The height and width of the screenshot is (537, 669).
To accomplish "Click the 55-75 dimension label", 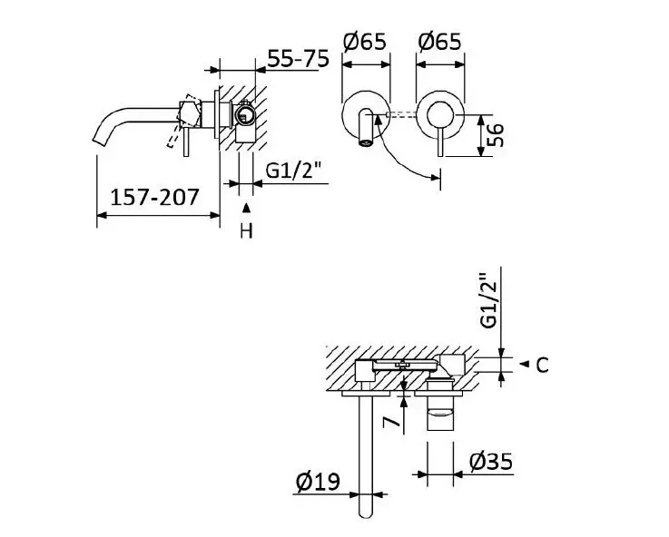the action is click(299, 58).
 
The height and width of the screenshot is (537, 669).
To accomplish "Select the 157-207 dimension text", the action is click(155, 198).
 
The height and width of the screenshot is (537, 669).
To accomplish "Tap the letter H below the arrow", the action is click(246, 231).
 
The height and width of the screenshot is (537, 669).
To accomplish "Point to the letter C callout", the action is click(542, 366).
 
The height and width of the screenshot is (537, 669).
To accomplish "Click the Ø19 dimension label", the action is click(318, 482).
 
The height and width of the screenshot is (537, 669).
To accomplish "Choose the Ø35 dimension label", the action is click(491, 462).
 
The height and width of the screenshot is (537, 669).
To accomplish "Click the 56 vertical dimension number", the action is click(495, 135).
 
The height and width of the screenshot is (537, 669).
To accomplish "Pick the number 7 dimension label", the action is click(391, 423).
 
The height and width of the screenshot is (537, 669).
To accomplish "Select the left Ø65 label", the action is click(364, 42).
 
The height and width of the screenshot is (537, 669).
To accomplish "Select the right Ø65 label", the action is click(439, 42).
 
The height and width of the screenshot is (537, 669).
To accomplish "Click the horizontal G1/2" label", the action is click(292, 171).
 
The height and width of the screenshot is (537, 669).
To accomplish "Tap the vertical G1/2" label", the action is click(489, 300).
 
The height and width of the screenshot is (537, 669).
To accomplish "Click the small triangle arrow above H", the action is click(246, 208).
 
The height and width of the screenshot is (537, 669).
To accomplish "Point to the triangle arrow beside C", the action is click(524, 364).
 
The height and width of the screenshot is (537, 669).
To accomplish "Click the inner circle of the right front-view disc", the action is click(441, 114).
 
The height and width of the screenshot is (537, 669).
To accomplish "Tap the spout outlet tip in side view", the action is click(98, 141).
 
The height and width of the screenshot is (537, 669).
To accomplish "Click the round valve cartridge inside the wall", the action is click(244, 115).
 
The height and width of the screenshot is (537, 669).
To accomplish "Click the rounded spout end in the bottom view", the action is click(367, 509).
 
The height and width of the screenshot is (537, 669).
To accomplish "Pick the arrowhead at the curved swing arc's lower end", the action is click(436, 177).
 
